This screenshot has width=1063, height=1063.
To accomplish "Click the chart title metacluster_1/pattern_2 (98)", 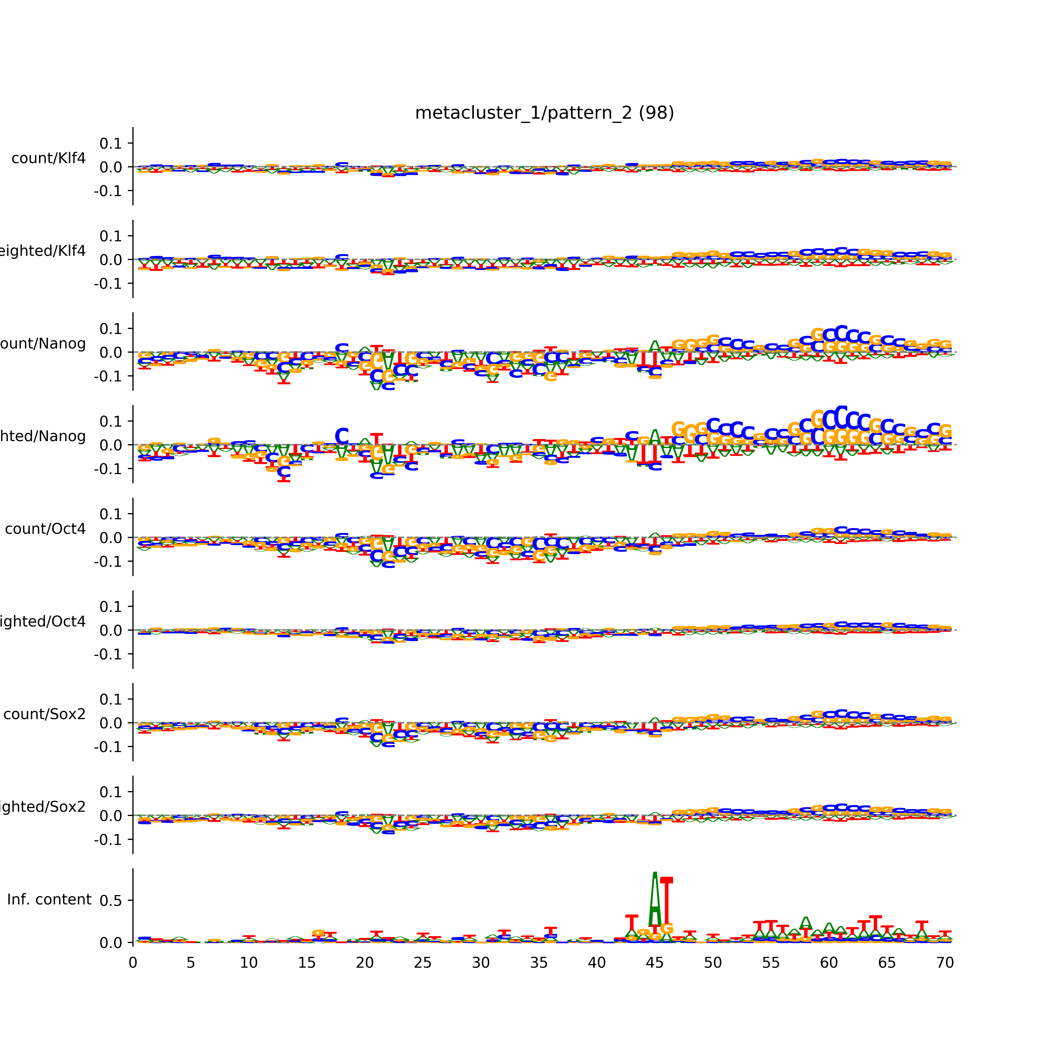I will (544, 113).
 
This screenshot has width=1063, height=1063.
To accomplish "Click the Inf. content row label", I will (49, 900).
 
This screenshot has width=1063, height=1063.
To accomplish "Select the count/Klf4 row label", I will (48, 158).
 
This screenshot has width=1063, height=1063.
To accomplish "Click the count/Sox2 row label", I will (45, 714).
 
